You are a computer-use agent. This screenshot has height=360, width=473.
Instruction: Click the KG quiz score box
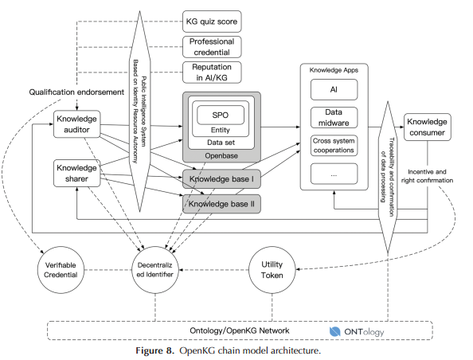(212, 22)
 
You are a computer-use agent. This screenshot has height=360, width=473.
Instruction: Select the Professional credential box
(212, 47)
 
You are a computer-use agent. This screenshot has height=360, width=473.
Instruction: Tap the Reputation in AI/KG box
(212, 72)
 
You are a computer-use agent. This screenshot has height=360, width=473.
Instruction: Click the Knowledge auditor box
(77, 124)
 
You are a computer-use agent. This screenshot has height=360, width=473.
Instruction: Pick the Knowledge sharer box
(77, 173)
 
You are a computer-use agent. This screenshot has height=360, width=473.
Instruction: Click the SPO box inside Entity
(221, 115)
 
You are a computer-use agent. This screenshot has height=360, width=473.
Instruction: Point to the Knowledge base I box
(221, 179)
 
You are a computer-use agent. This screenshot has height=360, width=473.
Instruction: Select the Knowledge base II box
(221, 204)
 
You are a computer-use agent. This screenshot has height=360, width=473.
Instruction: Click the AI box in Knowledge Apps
(334, 90)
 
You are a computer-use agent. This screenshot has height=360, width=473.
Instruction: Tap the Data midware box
(334, 117)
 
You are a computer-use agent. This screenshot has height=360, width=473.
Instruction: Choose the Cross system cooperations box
(334, 146)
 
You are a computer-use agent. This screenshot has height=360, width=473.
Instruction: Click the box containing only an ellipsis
(334, 174)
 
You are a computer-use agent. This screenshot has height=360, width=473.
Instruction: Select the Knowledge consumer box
(428, 127)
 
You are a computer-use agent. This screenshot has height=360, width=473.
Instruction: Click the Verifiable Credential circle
(61, 270)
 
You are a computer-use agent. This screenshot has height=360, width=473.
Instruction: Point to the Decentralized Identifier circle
(155, 270)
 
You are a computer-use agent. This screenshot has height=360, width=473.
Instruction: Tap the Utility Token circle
(272, 270)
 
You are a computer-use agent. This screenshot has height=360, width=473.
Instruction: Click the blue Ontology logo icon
(334, 331)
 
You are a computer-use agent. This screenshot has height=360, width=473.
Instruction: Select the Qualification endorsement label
(76, 92)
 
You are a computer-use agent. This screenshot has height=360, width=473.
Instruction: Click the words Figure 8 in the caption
(155, 350)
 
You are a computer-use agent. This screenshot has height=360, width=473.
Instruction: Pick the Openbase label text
(221, 156)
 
